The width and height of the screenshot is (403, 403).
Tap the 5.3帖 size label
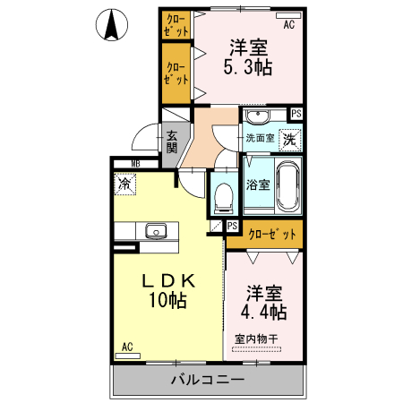[247, 66]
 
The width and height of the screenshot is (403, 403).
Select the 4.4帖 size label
[263, 313]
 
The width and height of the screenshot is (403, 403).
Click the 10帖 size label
[167, 301]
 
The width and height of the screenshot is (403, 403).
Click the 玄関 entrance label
[171, 141]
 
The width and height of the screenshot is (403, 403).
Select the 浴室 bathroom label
[258, 185]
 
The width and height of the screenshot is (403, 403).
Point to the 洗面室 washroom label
[260, 139]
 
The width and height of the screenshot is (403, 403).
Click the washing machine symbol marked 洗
[289, 139]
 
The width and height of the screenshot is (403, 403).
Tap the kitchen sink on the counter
[157, 230]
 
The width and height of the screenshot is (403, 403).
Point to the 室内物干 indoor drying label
[257, 339]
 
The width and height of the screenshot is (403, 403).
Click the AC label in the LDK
[127, 347]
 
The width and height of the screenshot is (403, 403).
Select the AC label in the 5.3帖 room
[288, 24]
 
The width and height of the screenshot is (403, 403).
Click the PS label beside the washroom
[296, 113]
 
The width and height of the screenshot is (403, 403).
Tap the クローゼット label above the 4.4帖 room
[271, 235]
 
